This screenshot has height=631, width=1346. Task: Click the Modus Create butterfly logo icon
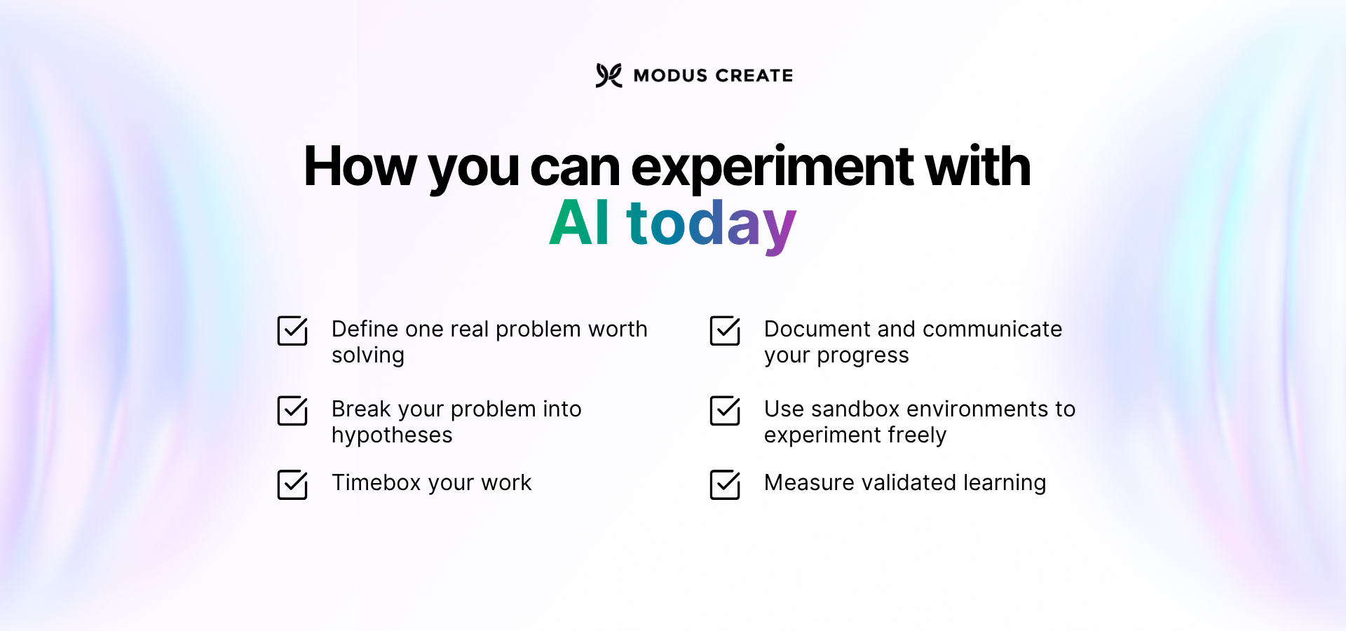pyautogui.click(x=609, y=75)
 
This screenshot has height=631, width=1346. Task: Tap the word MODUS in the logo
pyautogui.click(x=670, y=76)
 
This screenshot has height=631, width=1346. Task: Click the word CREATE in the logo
pyautogui.click(x=754, y=76)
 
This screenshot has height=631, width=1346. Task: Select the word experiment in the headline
pyautogui.click(x=772, y=167)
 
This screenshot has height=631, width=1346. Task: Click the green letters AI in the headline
pyautogui.click(x=579, y=223)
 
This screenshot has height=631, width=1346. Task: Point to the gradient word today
pyautogui.click(x=711, y=224)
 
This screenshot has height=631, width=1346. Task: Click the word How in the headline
pyautogui.click(x=360, y=167)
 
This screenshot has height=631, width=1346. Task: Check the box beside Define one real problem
pyautogui.click(x=292, y=331)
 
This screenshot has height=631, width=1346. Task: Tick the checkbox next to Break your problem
pyautogui.click(x=292, y=411)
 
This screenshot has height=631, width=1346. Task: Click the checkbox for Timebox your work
pyautogui.click(x=292, y=484)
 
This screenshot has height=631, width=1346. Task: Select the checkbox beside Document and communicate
pyautogui.click(x=725, y=331)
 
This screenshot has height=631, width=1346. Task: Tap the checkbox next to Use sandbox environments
pyautogui.click(x=725, y=411)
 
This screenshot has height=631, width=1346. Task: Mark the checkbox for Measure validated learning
pyautogui.click(x=725, y=484)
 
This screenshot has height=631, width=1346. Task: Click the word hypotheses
pyautogui.click(x=392, y=435)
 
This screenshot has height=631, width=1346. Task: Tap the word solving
pyautogui.click(x=368, y=355)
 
